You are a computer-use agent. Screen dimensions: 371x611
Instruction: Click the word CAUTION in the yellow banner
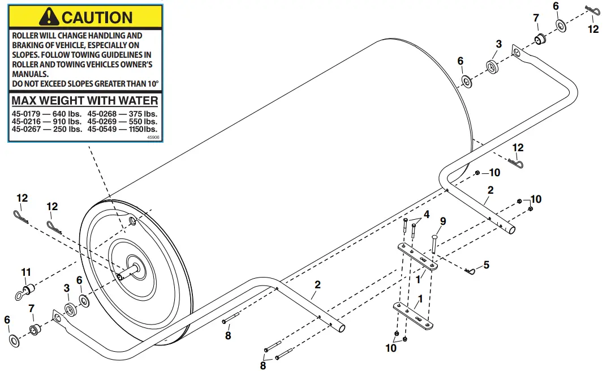click(x=97, y=17)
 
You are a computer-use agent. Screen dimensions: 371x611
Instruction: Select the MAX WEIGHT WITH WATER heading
click(x=85, y=101)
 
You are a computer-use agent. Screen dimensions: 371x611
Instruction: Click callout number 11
click(x=25, y=272)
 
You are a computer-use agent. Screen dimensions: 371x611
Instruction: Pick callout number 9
click(x=443, y=221)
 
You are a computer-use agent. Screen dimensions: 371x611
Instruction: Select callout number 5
click(x=486, y=265)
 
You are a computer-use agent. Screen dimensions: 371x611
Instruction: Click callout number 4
click(x=427, y=214)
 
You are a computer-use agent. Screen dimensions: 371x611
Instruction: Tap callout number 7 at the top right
click(x=536, y=19)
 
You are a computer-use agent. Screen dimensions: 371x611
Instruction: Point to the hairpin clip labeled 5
click(x=469, y=272)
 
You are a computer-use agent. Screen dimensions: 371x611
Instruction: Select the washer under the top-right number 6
click(x=561, y=25)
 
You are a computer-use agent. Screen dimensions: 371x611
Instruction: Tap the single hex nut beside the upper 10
click(x=477, y=173)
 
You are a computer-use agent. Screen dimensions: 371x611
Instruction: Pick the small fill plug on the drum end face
click(x=132, y=221)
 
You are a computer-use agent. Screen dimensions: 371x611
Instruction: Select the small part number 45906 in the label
click(x=153, y=137)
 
